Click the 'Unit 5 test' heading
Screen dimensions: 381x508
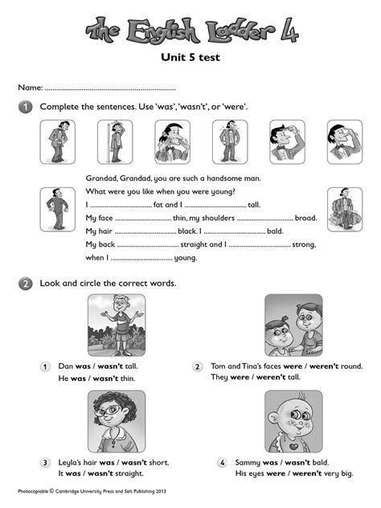pyautogui.click(x=191, y=57)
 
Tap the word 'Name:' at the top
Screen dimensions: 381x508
pyautogui.click(x=30, y=86)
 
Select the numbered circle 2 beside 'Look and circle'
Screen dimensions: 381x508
pyautogui.click(x=26, y=283)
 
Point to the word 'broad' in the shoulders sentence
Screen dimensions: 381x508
pyautogui.click(x=306, y=218)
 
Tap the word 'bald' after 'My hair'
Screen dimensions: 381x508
pyautogui.click(x=275, y=231)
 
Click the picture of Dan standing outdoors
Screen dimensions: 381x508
pyautogui.click(x=117, y=323)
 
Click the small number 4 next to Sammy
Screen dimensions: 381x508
pyautogui.click(x=222, y=463)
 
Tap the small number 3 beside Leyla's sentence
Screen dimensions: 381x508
pyautogui.click(x=45, y=463)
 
